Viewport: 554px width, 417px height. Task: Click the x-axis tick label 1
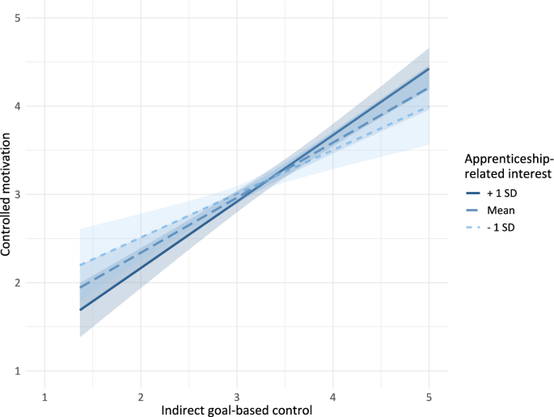pyautogui.click(x=44, y=397)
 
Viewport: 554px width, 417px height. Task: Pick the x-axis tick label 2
pyautogui.click(x=141, y=397)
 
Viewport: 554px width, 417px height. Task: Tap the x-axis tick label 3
pyautogui.click(x=236, y=397)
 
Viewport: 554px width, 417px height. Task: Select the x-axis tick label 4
pyautogui.click(x=332, y=397)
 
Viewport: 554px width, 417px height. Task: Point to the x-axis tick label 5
pyautogui.click(x=429, y=397)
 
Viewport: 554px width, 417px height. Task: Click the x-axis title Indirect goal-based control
pyautogui.click(x=236, y=410)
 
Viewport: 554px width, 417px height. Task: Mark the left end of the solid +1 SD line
pyautogui.click(x=79, y=310)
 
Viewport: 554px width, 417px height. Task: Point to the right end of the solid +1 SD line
pyautogui.click(x=429, y=69)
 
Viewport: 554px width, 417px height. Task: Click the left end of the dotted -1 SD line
pyautogui.click(x=79, y=265)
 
